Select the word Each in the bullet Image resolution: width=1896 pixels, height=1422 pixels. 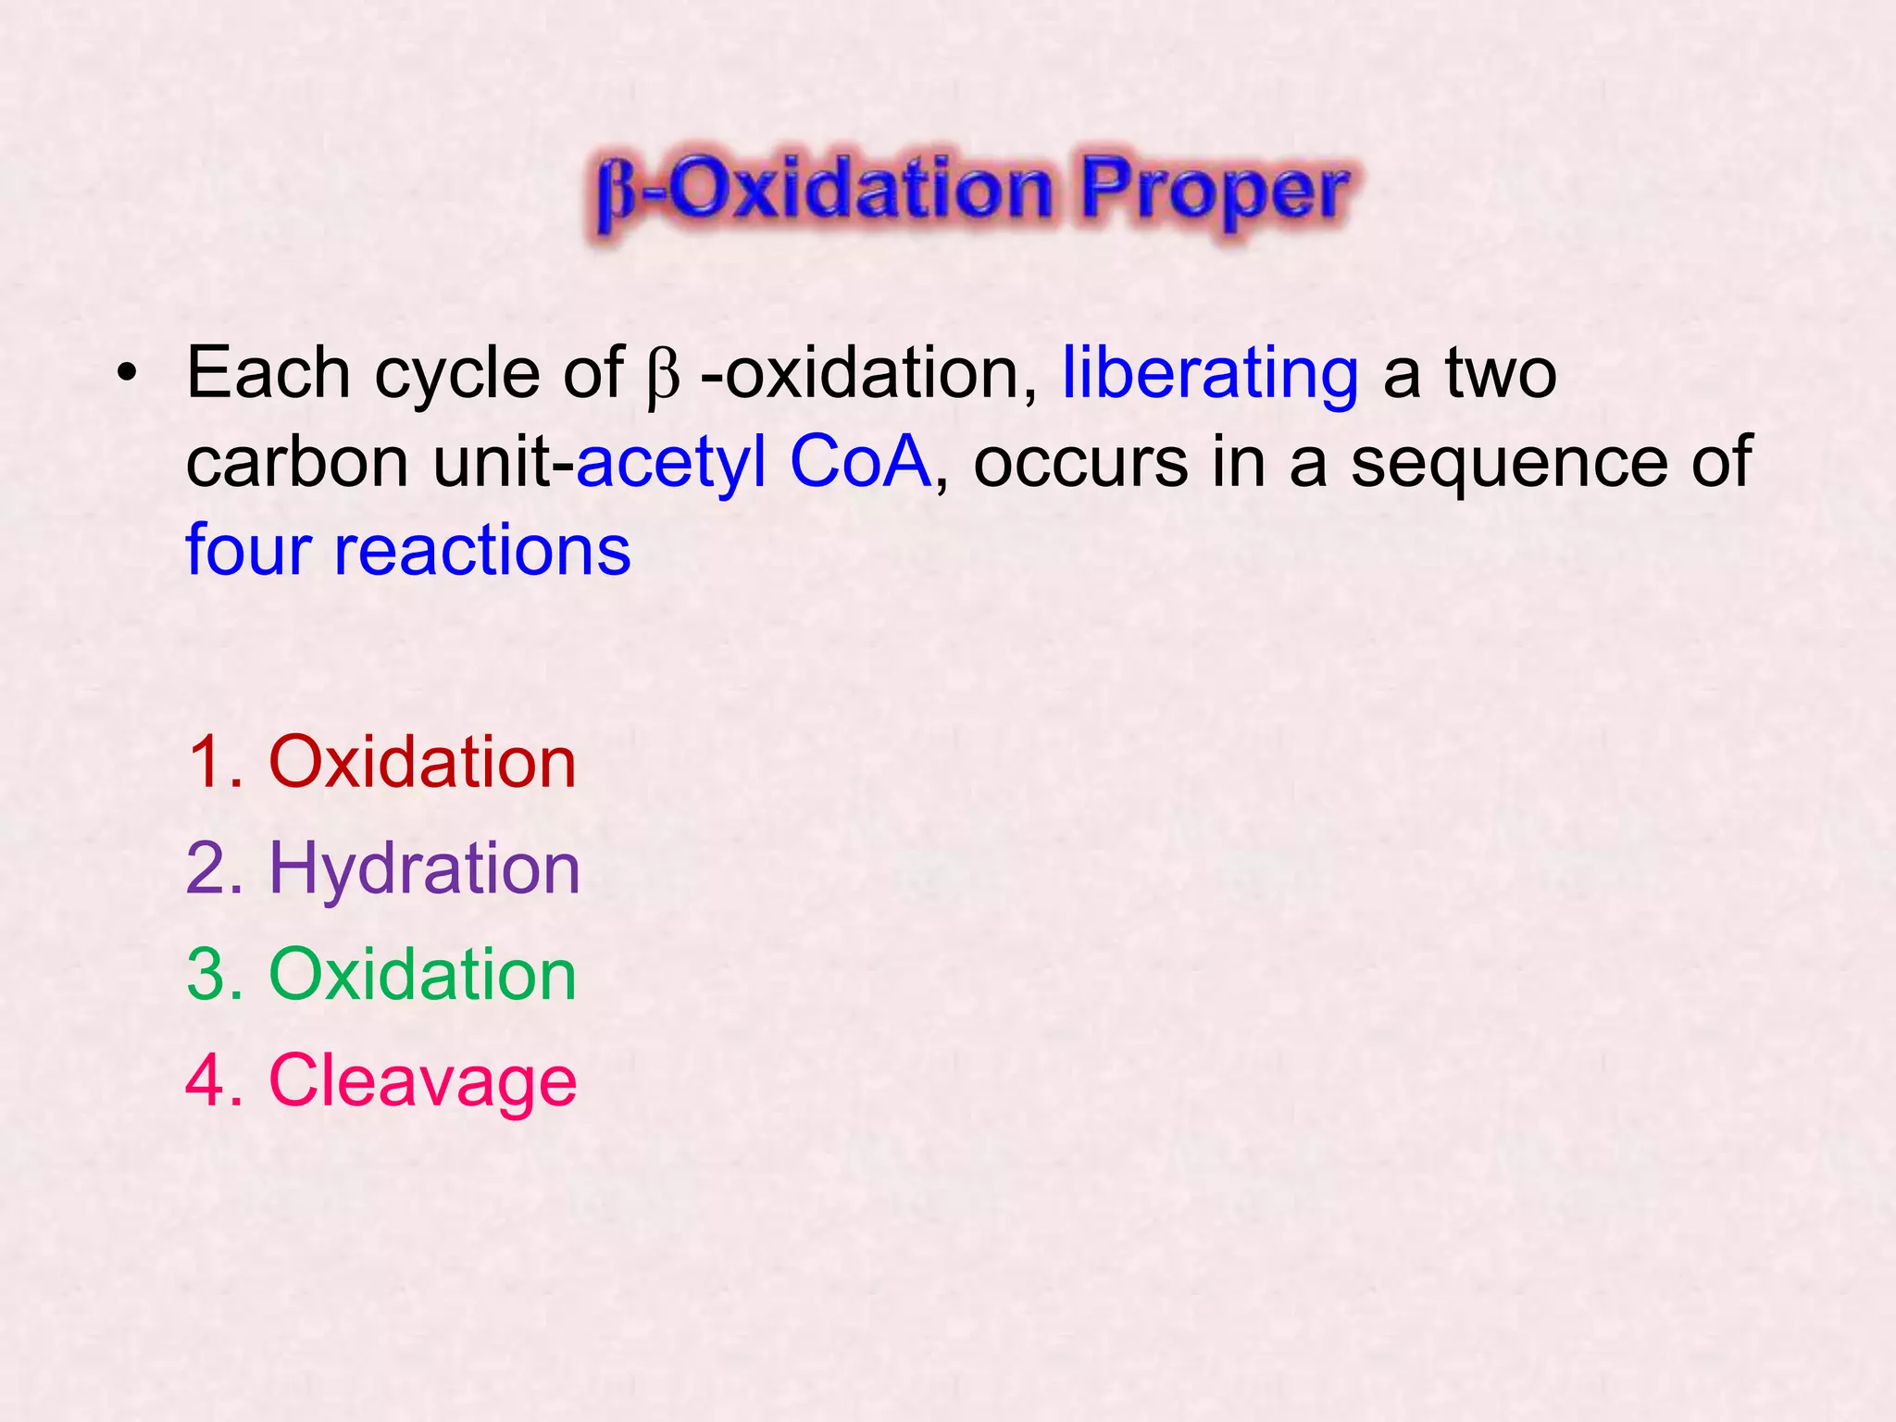click(x=268, y=373)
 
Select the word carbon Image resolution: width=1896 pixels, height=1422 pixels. click(x=297, y=462)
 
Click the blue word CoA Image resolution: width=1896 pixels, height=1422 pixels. click(x=860, y=461)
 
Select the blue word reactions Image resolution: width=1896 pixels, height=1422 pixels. click(x=482, y=551)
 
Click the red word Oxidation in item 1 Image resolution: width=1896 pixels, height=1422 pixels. click(x=422, y=762)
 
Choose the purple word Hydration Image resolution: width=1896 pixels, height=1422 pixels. click(x=424, y=869)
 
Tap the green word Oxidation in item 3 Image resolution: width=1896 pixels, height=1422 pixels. click(x=422, y=975)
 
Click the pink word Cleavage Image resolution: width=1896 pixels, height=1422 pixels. click(x=422, y=1080)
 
